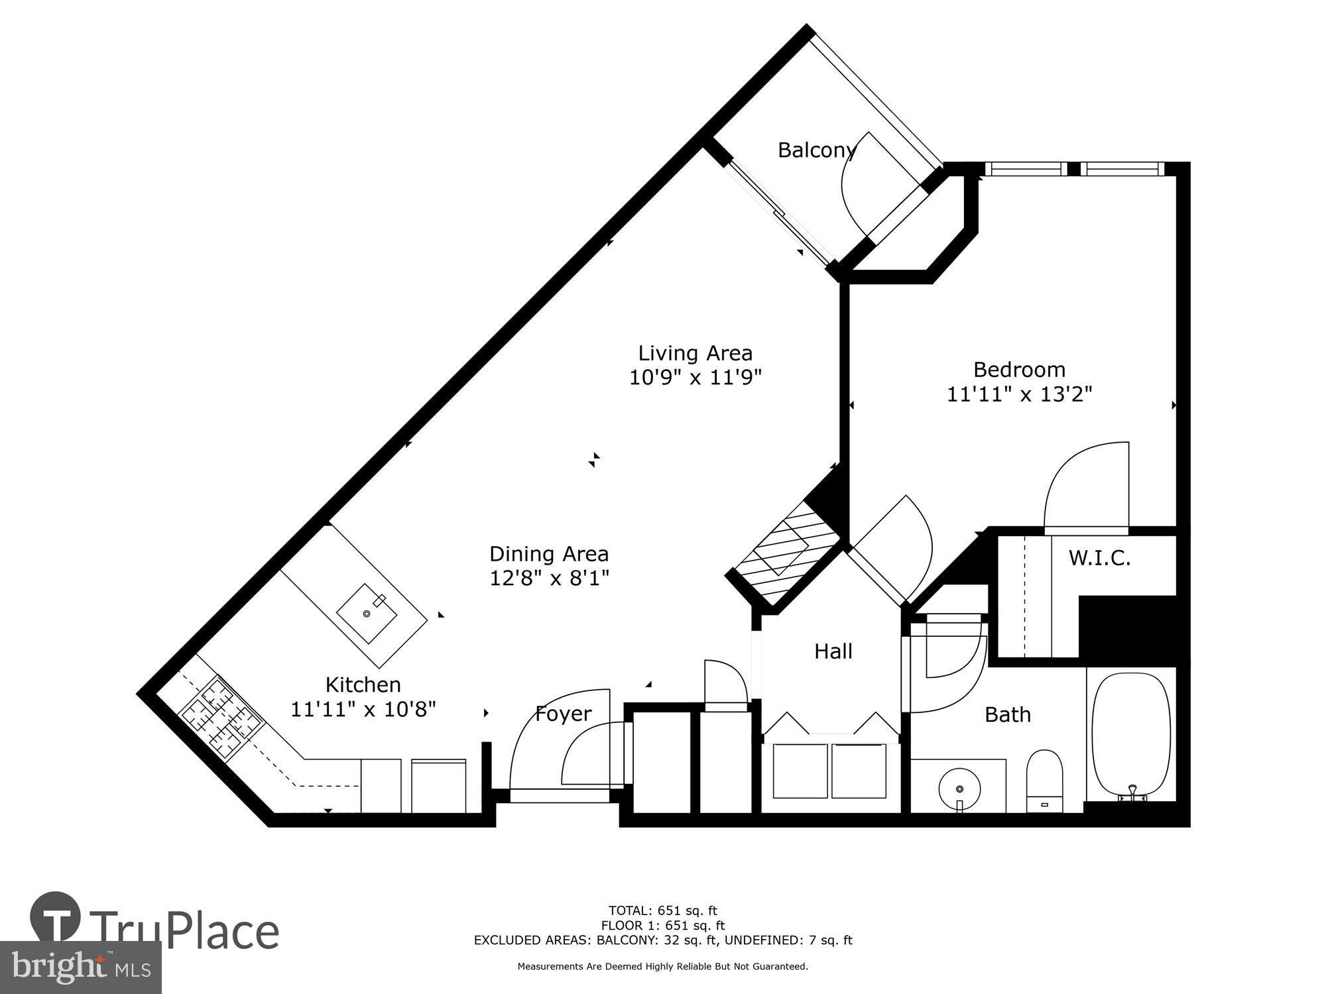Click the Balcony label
816,150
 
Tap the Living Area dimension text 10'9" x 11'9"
695,378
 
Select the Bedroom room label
1019,369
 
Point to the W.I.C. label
1099,558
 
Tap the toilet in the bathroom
1044,779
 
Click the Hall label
833,651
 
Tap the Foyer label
563,714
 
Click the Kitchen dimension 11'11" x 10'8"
363,710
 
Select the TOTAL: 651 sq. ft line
662,911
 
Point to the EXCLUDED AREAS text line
662,940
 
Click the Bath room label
1007,714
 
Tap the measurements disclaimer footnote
662,967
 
